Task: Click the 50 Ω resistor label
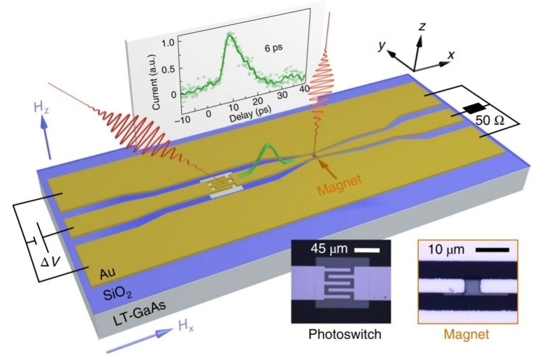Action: [x=489, y=120]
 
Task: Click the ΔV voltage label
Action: [x=50, y=262]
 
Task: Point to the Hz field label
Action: [x=41, y=108]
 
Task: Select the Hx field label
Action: [x=185, y=326]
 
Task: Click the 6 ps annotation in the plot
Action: [x=273, y=48]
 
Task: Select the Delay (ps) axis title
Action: [x=250, y=113]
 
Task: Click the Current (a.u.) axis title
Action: [x=157, y=82]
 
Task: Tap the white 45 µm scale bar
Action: [x=367, y=250]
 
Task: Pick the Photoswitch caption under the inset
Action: [x=345, y=333]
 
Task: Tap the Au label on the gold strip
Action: [x=107, y=273]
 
